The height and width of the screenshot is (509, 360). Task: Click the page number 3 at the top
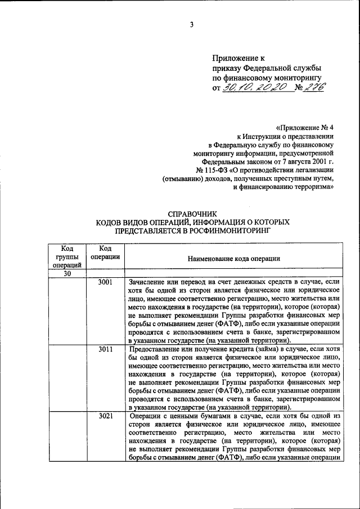[191, 25]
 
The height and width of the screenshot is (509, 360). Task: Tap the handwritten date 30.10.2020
[255, 87]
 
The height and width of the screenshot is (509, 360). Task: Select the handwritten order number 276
[314, 87]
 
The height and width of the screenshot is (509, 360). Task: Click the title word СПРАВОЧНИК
[193, 213]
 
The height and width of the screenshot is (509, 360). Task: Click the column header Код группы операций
[67, 256]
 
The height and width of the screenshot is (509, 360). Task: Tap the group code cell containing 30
[67, 273]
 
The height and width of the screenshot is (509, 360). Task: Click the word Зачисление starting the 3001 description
[148, 281]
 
